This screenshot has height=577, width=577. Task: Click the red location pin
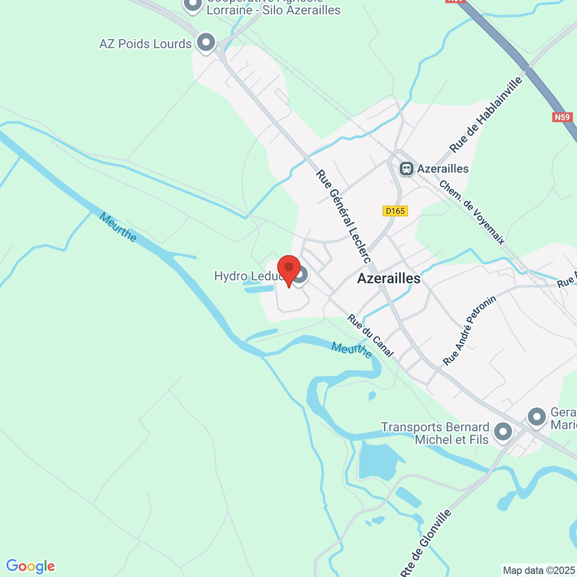pos(288,269)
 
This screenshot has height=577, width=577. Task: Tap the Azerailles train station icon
pos(407,169)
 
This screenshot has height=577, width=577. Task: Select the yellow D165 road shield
pos(395,211)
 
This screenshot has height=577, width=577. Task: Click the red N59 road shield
pos(562,117)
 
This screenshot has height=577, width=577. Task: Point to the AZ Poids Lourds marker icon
pos(206,42)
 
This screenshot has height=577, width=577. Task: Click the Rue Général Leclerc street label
pos(343,216)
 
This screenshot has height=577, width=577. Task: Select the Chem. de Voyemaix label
pos(472,213)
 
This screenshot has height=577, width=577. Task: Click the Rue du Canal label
pos(371,336)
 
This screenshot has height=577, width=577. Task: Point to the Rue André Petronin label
pos(469,330)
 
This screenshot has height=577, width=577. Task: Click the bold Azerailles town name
pos(389,278)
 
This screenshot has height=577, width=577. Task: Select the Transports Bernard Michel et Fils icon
pos(503,431)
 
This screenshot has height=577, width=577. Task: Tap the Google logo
pos(30,566)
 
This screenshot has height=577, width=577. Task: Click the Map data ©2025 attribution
pos(538,571)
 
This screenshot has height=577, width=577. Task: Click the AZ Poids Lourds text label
pos(145,44)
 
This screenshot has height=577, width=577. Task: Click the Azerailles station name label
pos(443,169)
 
